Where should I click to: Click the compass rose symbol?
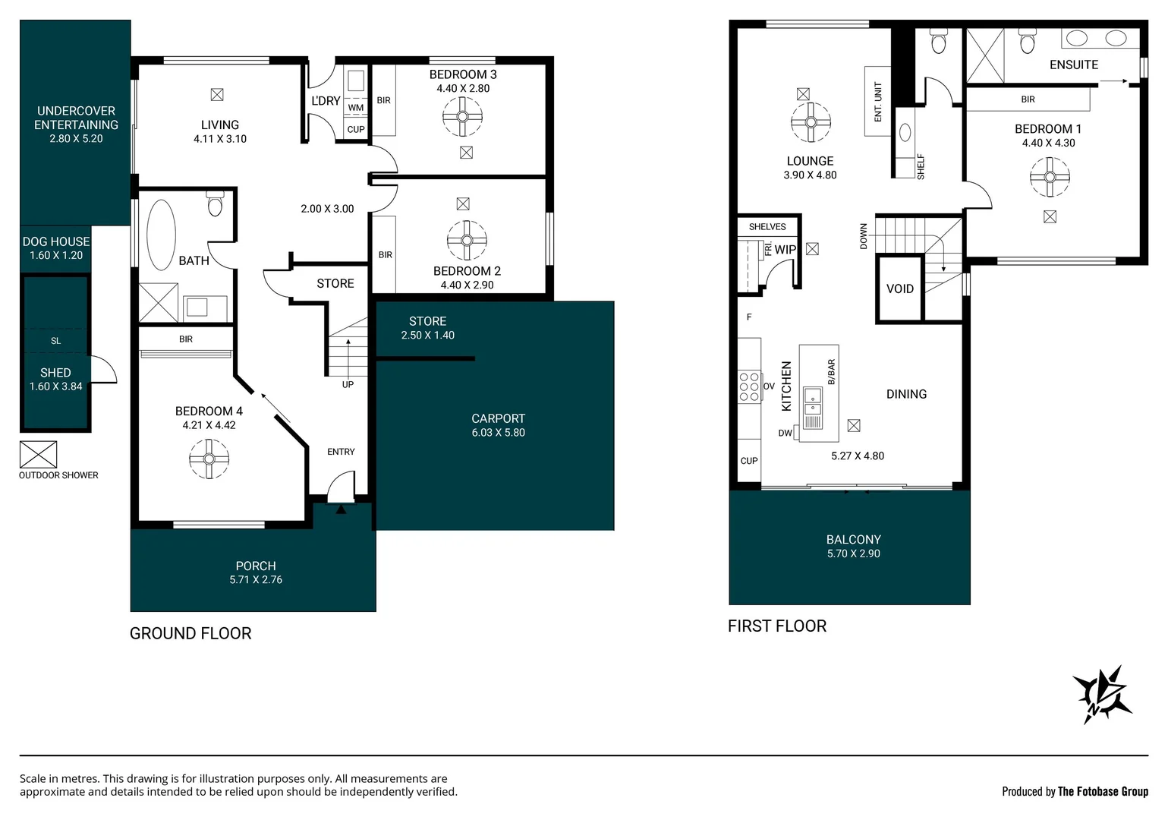[1101, 693]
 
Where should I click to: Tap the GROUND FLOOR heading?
[190, 633]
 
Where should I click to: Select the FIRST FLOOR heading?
[776, 626]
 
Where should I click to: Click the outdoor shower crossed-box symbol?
[38, 455]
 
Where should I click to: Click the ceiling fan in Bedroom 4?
[209, 459]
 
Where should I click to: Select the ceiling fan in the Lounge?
[811, 122]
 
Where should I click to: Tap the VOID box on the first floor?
[900, 289]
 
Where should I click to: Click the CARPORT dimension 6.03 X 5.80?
[498, 433]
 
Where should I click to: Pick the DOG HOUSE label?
[56, 241]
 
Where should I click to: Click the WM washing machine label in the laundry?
[356, 108]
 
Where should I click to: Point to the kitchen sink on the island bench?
[813, 396]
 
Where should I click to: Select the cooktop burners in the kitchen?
[749, 386]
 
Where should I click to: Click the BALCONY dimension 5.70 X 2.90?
[853, 553]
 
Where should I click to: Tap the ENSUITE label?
[1073, 65]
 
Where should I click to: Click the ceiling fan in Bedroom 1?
[1050, 177]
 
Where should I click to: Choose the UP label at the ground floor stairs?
[348, 384]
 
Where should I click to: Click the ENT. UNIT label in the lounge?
[878, 102]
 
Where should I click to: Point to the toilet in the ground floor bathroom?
[215, 204]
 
